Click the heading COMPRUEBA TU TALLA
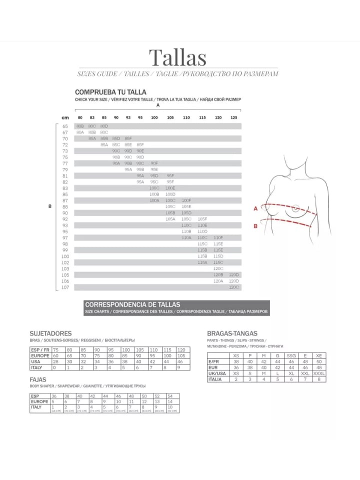tap(110, 92)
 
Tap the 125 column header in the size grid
tap(234, 117)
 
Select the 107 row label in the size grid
tap(65, 287)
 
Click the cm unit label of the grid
tap(65, 117)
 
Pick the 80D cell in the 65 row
tap(104, 126)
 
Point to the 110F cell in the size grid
tap(218, 237)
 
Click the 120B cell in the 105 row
tap(218, 275)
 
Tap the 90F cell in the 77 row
tap(154, 163)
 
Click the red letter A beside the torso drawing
tap(255, 208)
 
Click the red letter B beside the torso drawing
tap(255, 226)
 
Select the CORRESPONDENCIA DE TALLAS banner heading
tap(132, 304)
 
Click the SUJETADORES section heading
tap(50, 333)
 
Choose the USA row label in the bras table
tap(35, 361)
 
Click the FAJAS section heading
tap(38, 379)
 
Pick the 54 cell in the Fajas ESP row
tap(170, 395)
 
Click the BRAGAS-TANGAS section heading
tap(232, 333)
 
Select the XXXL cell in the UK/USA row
tap(319, 373)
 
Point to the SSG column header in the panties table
tap(291, 355)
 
